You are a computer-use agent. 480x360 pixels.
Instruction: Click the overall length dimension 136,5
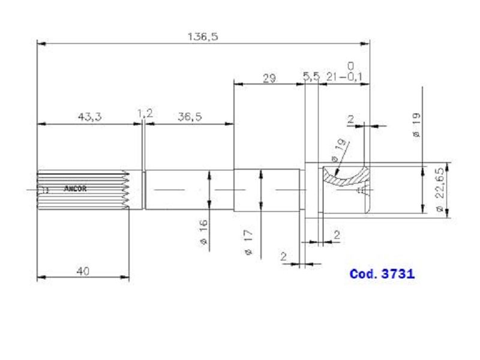point(203,37)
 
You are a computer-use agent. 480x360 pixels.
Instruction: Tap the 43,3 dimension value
point(89,116)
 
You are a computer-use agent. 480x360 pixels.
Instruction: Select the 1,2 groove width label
point(145,113)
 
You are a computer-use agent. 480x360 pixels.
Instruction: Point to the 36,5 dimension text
point(190,116)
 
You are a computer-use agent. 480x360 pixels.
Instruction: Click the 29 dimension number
point(269,79)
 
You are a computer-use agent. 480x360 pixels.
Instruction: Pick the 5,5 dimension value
point(311,77)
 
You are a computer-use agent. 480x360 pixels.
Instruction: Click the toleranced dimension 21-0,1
point(344,77)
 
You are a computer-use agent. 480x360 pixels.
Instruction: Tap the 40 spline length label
point(83,271)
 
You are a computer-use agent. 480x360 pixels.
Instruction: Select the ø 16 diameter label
point(203,232)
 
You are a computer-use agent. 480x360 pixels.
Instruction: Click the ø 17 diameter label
point(248,242)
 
